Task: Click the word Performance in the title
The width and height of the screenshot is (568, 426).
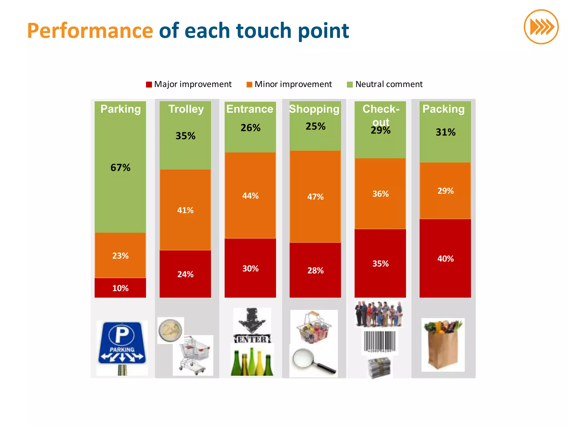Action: pyautogui.click(x=90, y=31)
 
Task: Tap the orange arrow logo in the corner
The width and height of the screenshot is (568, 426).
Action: pyautogui.click(x=541, y=27)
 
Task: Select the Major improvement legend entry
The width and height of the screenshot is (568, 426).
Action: pyautogui.click(x=189, y=84)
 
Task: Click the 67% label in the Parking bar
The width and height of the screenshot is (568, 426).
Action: pyautogui.click(x=120, y=168)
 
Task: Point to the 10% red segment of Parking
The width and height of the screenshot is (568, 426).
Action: pyautogui.click(x=120, y=288)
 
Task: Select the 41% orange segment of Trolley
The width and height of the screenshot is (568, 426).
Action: pyautogui.click(x=185, y=210)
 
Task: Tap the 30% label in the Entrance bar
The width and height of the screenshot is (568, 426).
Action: pyautogui.click(x=250, y=268)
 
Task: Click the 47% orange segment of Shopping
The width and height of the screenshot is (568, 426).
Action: pyautogui.click(x=315, y=197)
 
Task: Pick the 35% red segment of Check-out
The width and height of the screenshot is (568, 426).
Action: pyautogui.click(x=380, y=263)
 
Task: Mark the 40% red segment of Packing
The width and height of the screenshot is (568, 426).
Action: pyautogui.click(x=445, y=258)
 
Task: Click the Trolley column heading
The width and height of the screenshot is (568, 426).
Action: pyautogui.click(x=186, y=109)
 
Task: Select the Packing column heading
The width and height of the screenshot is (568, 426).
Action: pyautogui.click(x=443, y=109)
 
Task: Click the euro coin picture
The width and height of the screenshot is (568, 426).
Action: pyautogui.click(x=171, y=330)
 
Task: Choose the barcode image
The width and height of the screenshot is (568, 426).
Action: pyautogui.click(x=380, y=342)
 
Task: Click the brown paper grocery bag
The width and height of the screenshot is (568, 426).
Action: pyautogui.click(x=443, y=345)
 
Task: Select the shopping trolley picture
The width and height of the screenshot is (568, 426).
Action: pyautogui.click(x=194, y=355)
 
